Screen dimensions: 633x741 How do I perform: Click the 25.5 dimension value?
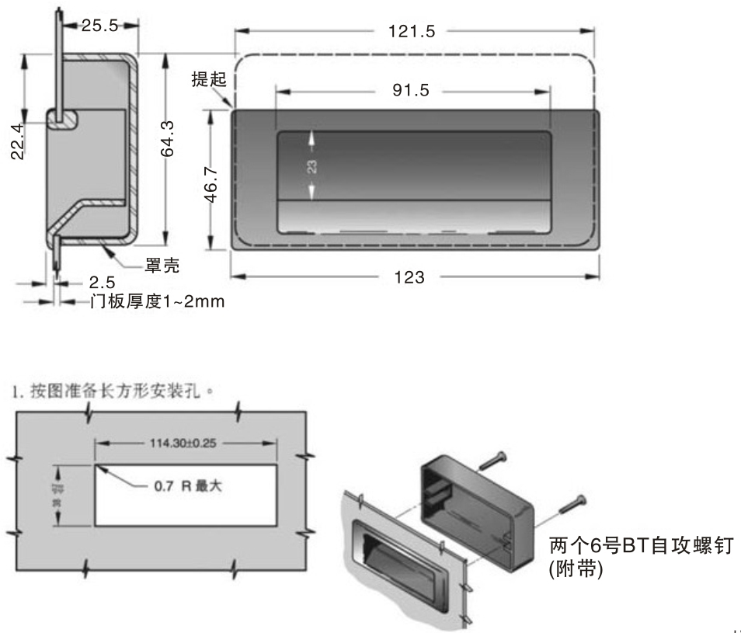click(x=99, y=26)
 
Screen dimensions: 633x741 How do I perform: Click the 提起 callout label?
click(x=207, y=79)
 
